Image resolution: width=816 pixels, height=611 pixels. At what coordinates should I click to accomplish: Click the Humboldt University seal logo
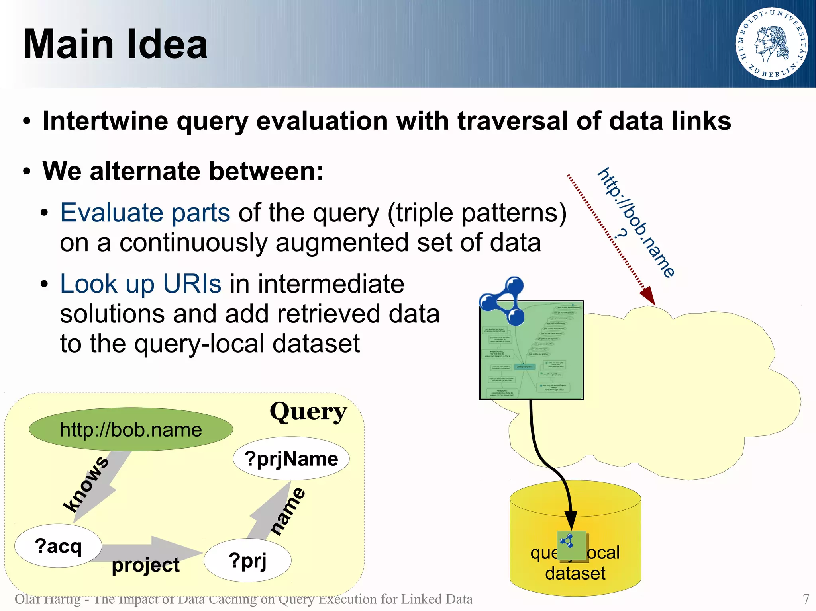(x=771, y=44)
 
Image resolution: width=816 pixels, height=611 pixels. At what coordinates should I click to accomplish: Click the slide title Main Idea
(x=115, y=44)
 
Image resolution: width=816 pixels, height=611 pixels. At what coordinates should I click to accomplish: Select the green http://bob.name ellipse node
(x=131, y=429)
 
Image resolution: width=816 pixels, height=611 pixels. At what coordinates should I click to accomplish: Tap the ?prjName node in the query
(x=291, y=459)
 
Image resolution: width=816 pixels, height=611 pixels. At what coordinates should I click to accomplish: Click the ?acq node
(x=58, y=546)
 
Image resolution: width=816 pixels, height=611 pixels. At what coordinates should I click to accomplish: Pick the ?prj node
(x=247, y=560)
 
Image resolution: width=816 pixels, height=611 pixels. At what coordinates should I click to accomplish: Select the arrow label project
(x=146, y=565)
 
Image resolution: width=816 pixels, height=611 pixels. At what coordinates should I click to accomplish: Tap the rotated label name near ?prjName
(x=288, y=511)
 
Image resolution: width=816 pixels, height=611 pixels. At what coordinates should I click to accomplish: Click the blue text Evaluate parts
(x=145, y=213)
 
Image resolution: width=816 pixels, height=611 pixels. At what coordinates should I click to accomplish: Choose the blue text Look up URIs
(x=140, y=284)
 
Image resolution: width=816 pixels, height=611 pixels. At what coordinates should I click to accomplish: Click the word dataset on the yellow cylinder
(x=575, y=573)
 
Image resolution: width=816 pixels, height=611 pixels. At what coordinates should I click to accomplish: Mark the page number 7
(x=806, y=599)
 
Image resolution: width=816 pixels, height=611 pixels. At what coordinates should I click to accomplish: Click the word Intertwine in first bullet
(x=105, y=121)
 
